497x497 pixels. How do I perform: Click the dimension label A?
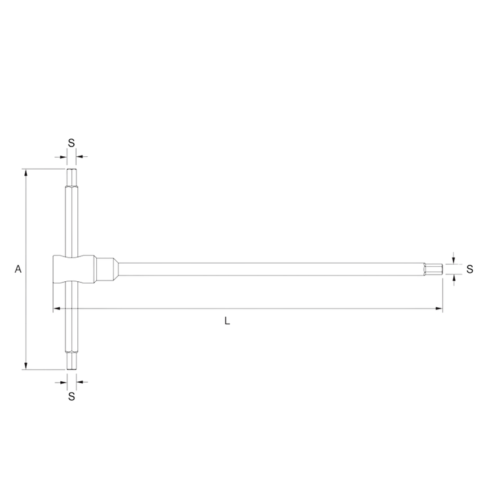(18, 269)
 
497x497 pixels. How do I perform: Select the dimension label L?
(226, 320)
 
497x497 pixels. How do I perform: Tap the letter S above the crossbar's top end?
(71, 142)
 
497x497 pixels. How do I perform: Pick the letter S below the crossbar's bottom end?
(71, 396)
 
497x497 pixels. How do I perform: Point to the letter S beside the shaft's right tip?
(470, 269)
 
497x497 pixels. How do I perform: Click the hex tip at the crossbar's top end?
(71, 177)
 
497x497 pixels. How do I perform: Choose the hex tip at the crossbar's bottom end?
(71, 361)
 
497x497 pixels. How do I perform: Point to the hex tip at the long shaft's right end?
(433, 269)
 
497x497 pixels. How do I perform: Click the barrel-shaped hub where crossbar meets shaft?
(67, 269)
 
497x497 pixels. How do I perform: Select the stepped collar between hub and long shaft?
(108, 269)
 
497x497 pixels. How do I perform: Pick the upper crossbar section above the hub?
(71, 219)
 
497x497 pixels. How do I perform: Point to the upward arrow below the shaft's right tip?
(453, 280)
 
